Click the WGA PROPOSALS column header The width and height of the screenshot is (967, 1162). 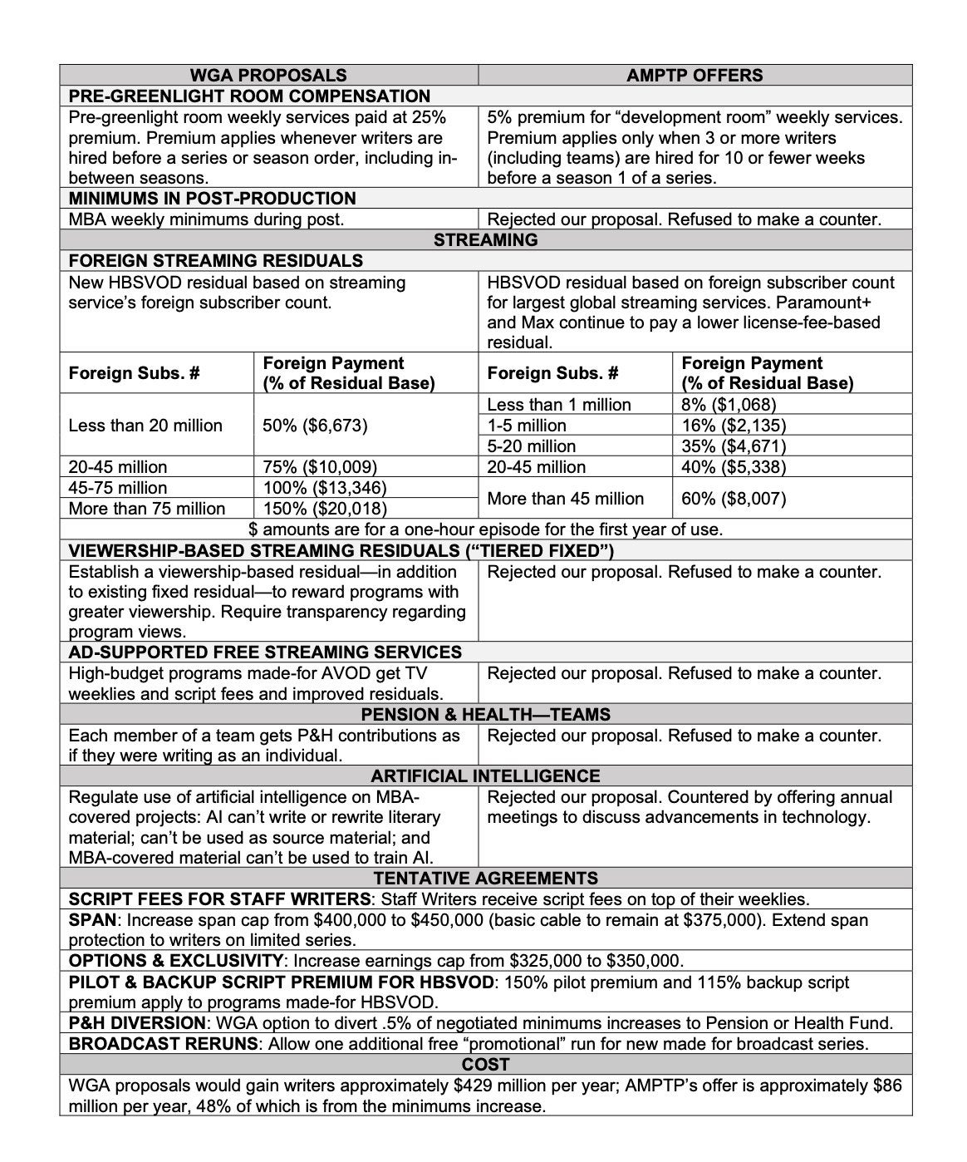[268, 75]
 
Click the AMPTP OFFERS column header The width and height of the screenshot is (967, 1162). [695, 75]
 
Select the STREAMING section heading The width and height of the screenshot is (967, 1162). [485, 239]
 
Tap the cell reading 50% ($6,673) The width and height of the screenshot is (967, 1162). [315, 425]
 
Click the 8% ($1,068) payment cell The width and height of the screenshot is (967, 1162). [729, 404]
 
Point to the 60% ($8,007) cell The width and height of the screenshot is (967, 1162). [734, 498]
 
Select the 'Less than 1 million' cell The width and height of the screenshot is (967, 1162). [559, 404]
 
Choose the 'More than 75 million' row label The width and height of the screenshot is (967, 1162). [147, 508]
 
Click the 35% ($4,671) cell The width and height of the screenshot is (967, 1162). [734, 446]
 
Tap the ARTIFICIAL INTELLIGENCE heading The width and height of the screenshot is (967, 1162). [485, 775]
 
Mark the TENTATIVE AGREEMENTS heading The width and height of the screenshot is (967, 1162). [485, 878]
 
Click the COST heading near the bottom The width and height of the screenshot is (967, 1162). [485, 1064]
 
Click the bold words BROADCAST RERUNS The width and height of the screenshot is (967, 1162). [164, 1043]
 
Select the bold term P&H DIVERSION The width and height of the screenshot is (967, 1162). [137, 1022]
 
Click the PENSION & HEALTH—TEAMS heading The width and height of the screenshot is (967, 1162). [485, 714]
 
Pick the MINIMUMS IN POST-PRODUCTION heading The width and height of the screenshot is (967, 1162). [212, 198]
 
